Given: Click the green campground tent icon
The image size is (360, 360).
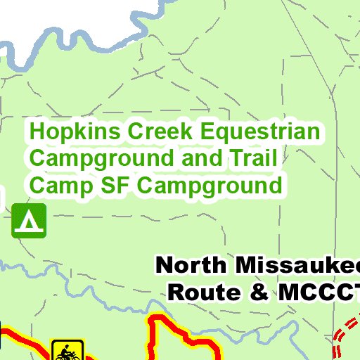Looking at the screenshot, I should pyautogui.click(x=29, y=220).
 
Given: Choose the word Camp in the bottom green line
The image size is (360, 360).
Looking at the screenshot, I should pyautogui.click(x=56, y=186).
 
